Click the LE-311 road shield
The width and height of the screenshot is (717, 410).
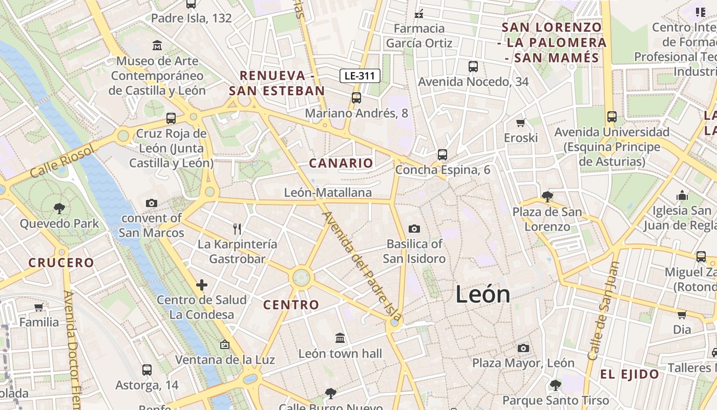click(x=360, y=76)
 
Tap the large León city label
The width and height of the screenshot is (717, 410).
click(x=483, y=295)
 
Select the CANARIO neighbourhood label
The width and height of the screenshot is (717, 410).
click(x=341, y=163)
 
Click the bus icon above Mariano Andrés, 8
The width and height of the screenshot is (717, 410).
click(x=356, y=97)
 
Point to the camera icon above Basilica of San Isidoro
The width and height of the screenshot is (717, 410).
click(x=414, y=229)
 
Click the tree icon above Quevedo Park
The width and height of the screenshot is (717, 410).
click(x=59, y=208)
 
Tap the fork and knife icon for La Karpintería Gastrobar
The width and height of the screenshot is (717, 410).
click(x=237, y=229)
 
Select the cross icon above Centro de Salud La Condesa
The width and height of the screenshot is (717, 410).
click(x=202, y=284)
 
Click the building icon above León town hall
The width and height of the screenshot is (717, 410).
click(x=340, y=338)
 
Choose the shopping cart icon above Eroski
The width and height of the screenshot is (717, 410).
click(x=521, y=122)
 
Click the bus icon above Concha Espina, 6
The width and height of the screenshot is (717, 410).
click(x=442, y=154)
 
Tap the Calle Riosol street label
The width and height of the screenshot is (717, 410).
click(x=62, y=161)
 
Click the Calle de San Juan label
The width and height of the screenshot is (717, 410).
click(x=604, y=311)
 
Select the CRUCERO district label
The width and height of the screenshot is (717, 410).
click(x=61, y=263)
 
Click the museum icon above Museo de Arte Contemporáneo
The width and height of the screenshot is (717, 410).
click(x=157, y=46)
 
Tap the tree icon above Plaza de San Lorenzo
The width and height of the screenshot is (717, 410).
click(x=547, y=196)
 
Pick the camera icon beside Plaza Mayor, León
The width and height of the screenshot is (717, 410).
click(x=523, y=348)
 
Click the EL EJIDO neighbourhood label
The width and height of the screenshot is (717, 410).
click(x=629, y=374)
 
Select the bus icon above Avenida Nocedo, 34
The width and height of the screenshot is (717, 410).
click(x=473, y=66)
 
